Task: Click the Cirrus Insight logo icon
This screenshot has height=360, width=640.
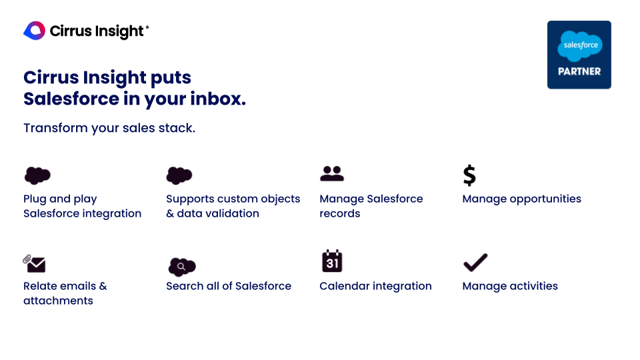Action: click(34, 31)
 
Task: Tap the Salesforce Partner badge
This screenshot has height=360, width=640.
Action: click(579, 55)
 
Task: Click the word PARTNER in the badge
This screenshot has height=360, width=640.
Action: click(579, 71)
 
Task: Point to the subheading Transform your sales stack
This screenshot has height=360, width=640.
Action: click(109, 127)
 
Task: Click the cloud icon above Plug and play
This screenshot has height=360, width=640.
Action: click(37, 175)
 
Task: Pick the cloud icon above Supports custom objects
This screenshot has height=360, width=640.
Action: click(179, 175)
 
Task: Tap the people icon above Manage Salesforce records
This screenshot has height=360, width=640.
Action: click(331, 173)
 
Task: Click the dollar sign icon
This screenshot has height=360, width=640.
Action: click(469, 175)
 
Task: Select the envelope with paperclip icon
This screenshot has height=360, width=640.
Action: click(34, 263)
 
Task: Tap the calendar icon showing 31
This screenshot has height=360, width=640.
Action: click(331, 261)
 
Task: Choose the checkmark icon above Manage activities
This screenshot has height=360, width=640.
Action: click(475, 262)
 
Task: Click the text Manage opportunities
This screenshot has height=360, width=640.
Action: click(521, 199)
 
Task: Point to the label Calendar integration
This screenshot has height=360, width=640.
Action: click(375, 286)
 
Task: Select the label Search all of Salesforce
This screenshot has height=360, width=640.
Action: click(228, 286)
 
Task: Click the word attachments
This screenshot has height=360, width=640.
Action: click(58, 301)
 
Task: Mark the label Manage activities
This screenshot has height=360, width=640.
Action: click(509, 286)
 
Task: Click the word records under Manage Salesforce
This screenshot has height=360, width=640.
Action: click(339, 213)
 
